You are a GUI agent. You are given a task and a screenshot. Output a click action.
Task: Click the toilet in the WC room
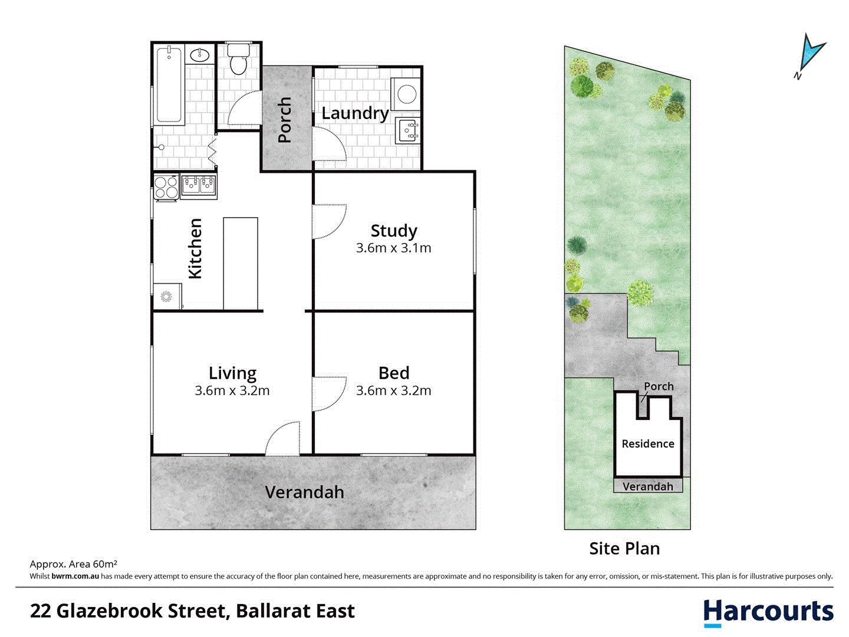(238, 60)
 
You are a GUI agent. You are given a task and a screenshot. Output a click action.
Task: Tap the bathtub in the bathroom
(169, 84)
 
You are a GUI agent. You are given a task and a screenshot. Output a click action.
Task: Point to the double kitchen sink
(199, 185)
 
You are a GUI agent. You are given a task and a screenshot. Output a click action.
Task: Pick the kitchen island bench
(241, 263)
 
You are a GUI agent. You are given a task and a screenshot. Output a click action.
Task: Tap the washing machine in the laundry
(407, 93)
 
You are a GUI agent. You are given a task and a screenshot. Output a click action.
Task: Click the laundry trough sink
(408, 130)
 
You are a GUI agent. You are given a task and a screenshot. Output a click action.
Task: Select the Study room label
(394, 231)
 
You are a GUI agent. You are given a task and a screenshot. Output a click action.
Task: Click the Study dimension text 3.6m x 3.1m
(394, 248)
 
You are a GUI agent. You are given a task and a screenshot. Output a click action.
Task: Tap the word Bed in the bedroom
(394, 373)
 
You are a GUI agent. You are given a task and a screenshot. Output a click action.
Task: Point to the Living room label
(232, 373)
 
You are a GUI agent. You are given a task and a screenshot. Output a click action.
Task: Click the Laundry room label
(354, 113)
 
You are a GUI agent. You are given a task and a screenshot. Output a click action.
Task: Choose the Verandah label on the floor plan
(304, 492)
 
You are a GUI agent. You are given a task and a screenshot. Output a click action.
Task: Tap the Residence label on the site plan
(648, 444)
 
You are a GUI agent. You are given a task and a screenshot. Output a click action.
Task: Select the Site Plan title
(624, 549)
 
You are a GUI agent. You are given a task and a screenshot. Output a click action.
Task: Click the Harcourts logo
(768, 612)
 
